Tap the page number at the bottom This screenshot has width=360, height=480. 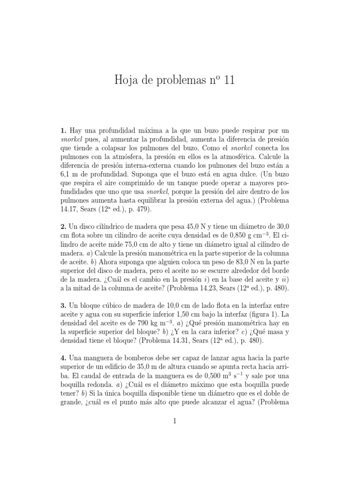[174, 421]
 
